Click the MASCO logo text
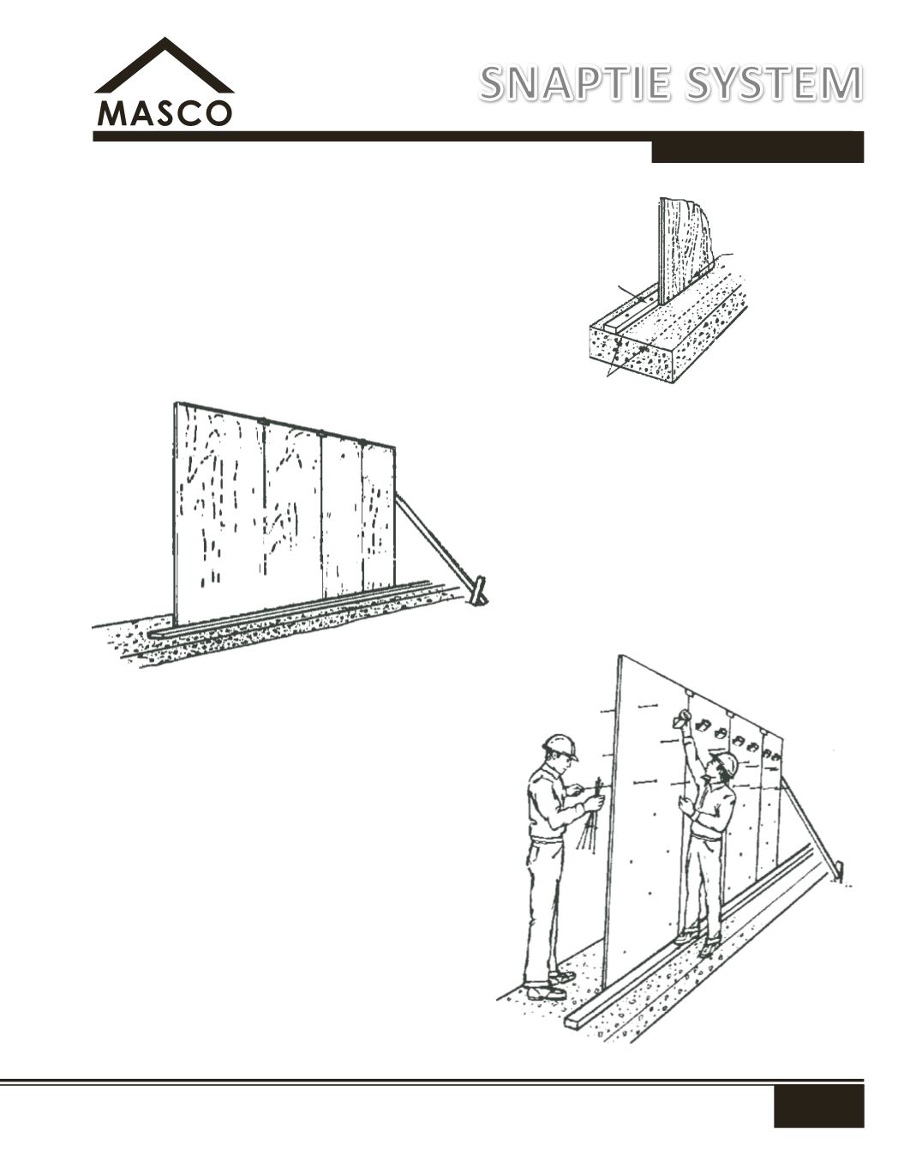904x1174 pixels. pos(165,113)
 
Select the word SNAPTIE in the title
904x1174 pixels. pos(576,84)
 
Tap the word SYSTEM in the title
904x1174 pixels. pos(774,84)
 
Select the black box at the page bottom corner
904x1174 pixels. pos(818,1102)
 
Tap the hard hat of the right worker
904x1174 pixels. pos(726,763)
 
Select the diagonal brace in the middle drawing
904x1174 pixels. pos(434,540)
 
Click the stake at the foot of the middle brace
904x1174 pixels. pos(477,592)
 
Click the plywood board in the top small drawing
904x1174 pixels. pos(685,250)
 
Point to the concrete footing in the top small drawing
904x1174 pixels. pos(669,335)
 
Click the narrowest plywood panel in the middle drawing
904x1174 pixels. pos(379,516)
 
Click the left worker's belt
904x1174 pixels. pos(547,838)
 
